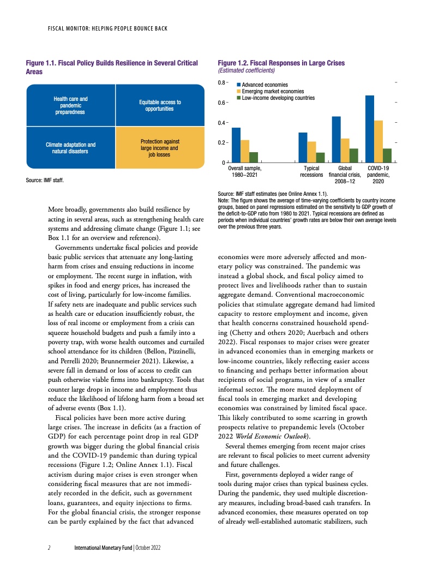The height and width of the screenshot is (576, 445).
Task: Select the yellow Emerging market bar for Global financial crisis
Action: [345, 151]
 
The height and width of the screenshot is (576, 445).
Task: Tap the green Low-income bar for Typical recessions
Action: [320, 158]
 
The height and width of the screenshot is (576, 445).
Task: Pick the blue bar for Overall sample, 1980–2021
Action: [236, 145]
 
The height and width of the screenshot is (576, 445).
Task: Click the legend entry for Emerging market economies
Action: [273, 92]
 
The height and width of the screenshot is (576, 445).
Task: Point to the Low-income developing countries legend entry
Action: [278, 98]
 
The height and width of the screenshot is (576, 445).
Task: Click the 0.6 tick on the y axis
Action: [222, 103]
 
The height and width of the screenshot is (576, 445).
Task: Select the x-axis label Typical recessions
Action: [311, 172]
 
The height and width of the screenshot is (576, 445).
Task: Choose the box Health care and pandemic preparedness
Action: [71, 105]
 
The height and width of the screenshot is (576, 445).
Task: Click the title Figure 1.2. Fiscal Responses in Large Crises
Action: [281, 63]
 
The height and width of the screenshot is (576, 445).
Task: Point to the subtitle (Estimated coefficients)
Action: [246, 70]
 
